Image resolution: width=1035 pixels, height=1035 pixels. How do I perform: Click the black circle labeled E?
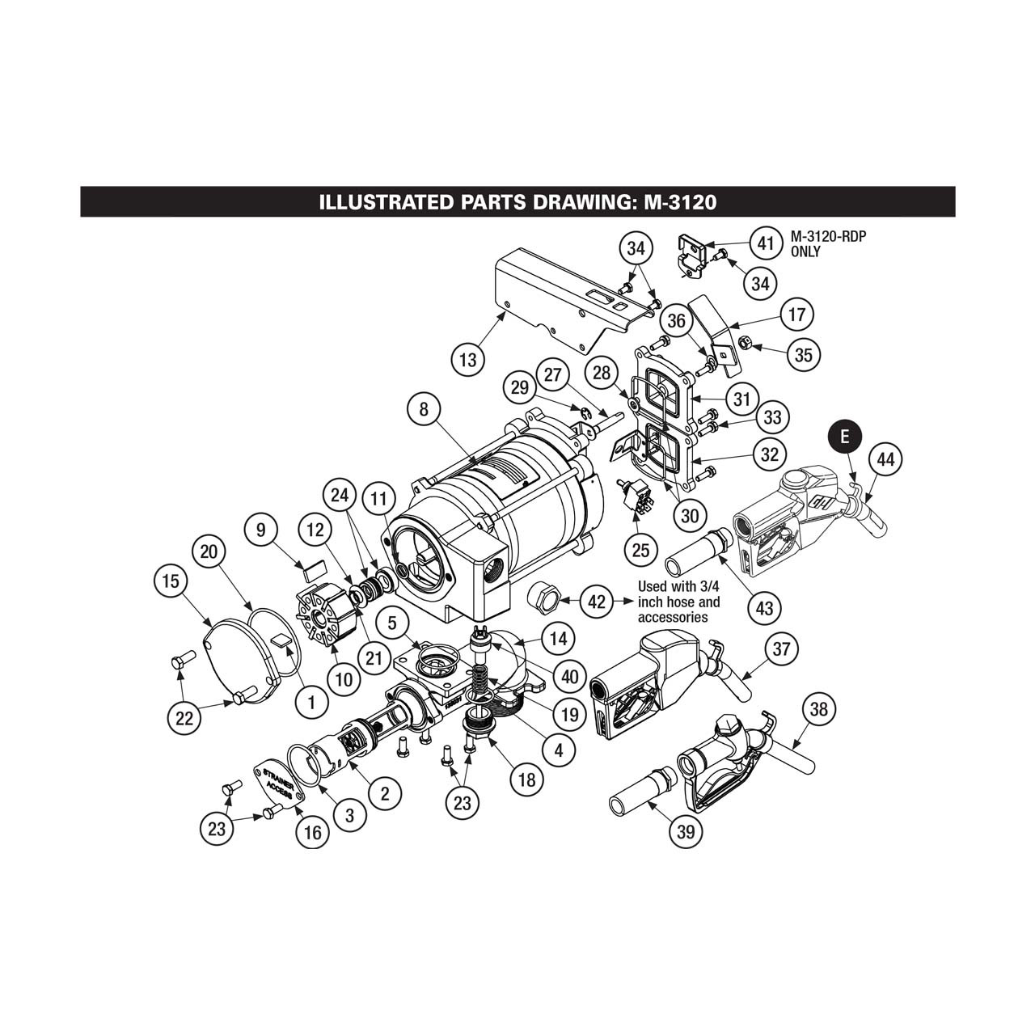845,437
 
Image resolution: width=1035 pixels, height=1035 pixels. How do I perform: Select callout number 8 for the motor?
423,409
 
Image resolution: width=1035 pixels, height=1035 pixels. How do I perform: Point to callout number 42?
596,602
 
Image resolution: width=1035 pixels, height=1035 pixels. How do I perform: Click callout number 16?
312,832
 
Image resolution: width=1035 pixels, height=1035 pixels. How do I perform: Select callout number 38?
818,709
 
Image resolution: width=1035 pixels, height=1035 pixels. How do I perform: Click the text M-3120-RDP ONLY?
822,244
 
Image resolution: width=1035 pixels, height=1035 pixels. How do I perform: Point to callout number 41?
762,242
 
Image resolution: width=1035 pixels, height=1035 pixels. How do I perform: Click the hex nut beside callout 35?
748,343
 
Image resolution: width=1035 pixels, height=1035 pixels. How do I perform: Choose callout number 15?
171,581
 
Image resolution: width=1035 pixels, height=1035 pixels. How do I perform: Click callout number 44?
885,459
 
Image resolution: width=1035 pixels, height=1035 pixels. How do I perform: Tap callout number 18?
526,779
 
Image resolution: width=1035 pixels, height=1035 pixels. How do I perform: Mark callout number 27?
552,375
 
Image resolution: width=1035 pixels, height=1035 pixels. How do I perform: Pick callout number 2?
384,793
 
